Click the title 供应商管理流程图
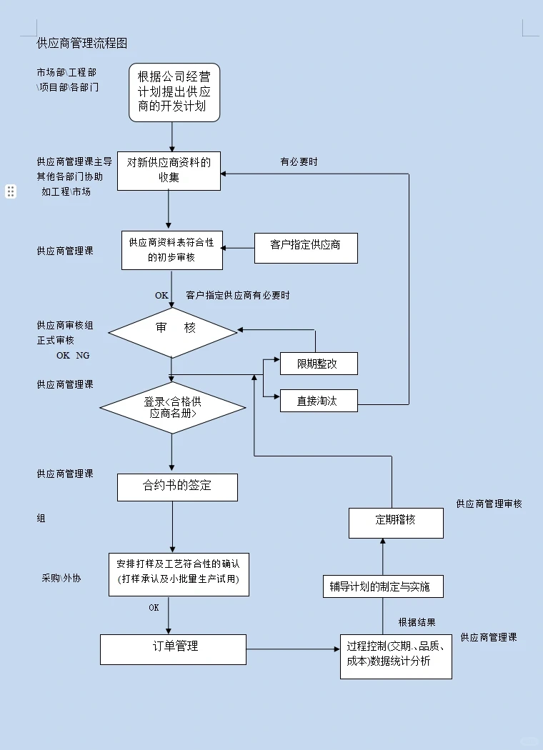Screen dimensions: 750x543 82,44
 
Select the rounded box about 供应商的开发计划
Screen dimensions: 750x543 174,92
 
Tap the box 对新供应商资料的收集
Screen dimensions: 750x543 169,170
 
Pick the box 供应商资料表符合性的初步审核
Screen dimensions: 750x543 171,250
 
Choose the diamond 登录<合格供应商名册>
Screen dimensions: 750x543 173,407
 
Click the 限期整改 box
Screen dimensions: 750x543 318,364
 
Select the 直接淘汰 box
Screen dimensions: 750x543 318,401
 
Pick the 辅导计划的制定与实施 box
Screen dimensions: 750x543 382,586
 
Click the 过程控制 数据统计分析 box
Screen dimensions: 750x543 396,655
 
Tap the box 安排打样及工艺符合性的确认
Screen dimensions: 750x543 179,574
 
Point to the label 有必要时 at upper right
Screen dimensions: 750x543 299,162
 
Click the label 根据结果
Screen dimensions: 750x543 417,622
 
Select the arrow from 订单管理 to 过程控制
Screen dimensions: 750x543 293,649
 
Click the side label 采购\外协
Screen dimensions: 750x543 61,578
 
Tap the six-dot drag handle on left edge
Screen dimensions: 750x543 11,191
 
